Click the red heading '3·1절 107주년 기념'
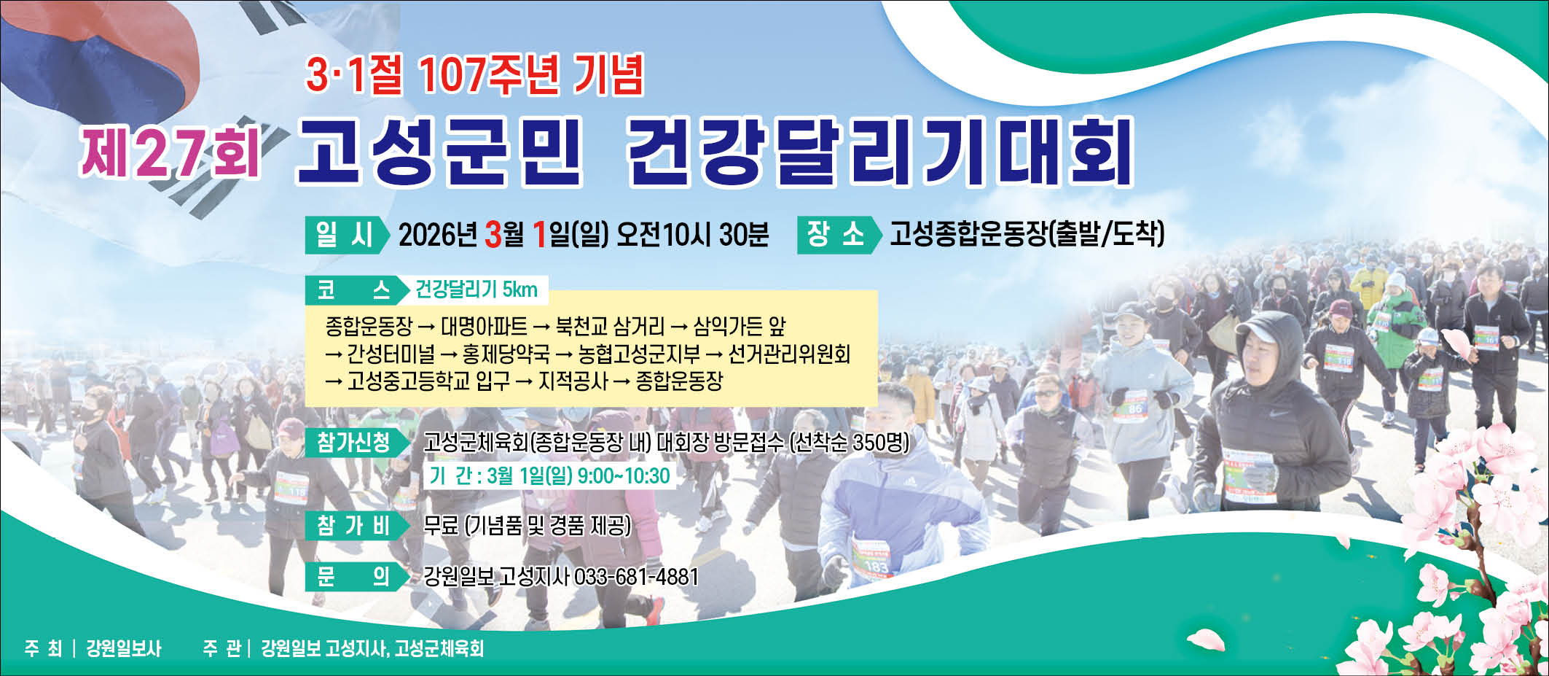475,75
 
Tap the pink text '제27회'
170,152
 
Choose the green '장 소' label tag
839,235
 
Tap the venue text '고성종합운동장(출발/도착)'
1027,234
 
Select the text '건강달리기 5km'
477,290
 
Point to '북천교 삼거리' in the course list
610,326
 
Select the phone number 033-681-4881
636,577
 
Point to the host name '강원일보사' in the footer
123,648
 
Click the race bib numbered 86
1132,406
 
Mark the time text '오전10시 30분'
692,234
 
